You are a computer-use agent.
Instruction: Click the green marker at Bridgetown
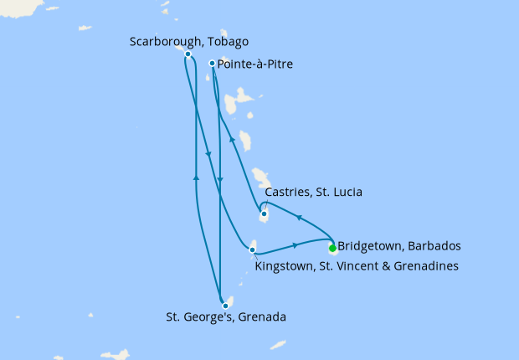click(332, 248)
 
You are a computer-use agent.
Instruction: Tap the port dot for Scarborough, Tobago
click(188, 54)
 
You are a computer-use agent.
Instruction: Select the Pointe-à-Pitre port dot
click(212, 63)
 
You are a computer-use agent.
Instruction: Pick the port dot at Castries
click(264, 213)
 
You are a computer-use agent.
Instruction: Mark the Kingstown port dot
click(253, 249)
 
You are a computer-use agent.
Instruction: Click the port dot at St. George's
click(225, 306)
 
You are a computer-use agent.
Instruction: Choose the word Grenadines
click(421, 266)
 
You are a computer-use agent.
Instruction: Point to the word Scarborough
click(164, 41)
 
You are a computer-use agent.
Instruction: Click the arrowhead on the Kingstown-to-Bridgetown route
click(296, 245)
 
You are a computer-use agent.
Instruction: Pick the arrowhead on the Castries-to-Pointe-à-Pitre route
click(232, 141)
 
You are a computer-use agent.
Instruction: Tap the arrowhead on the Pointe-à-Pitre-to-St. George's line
click(219, 179)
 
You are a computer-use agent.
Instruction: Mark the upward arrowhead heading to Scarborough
click(196, 177)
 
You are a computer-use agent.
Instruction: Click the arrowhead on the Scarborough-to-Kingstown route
click(207, 154)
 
